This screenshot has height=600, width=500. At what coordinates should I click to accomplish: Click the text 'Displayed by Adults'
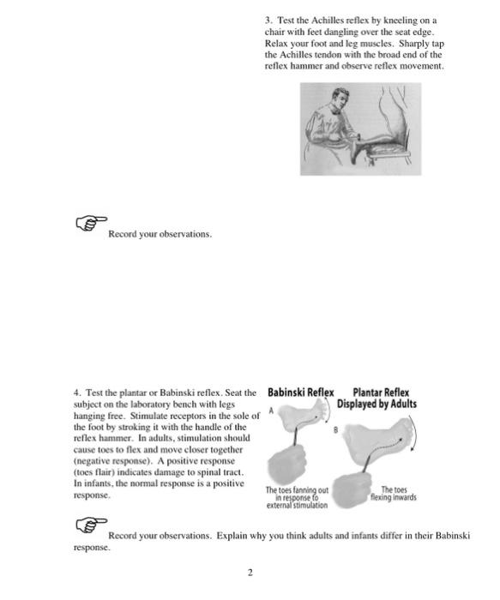pyautogui.click(x=377, y=405)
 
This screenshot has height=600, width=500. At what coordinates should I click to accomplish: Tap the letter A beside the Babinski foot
pyautogui.click(x=272, y=411)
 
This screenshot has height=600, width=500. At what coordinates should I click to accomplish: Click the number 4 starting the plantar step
pyautogui.click(x=75, y=393)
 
